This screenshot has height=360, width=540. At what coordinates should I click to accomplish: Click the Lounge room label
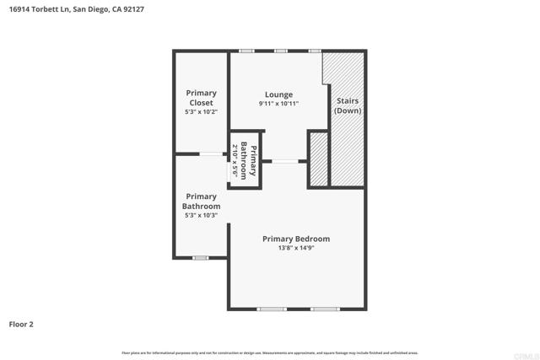pos(278,94)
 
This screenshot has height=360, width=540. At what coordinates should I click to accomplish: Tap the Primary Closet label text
pos(202,98)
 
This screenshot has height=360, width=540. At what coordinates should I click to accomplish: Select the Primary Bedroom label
pos(295,239)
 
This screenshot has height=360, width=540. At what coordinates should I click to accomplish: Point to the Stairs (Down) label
pos(348,105)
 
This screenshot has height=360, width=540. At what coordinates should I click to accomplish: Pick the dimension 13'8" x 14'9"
pos(295,248)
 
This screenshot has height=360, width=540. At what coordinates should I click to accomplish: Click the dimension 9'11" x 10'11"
pos(278,104)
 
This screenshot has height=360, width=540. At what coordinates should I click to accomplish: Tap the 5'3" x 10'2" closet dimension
pos(202,111)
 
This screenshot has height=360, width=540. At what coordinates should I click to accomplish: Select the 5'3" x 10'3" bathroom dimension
pos(202,215)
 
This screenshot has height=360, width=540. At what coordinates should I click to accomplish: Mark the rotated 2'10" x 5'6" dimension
pos(235,158)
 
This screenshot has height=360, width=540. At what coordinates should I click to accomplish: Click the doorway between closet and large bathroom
pos(211,153)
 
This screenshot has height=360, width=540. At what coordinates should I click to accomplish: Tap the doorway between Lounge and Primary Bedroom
pos(284,161)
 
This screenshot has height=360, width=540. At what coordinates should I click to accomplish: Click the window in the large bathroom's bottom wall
pos(200,257)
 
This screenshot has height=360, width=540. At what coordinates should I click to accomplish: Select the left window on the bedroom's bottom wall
pos(272,309)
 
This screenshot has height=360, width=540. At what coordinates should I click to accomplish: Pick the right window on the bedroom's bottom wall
pos(324,309)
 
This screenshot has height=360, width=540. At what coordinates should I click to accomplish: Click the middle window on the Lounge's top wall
pos(280,51)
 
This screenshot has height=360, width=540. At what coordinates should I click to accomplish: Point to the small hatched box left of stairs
pos(318,159)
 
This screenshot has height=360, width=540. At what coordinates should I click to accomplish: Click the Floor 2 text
pos(21,323)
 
